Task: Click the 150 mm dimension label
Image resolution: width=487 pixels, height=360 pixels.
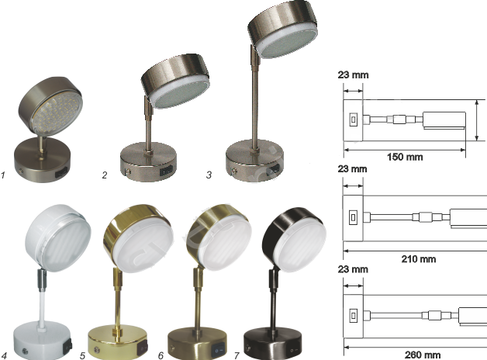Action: [405, 157]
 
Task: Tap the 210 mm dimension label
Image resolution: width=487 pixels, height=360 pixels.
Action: [418, 259]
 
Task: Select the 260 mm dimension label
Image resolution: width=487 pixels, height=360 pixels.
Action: [423, 355]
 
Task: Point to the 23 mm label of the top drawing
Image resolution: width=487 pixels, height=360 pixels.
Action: [353, 75]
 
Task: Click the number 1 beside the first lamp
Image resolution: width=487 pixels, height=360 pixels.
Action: [3, 175]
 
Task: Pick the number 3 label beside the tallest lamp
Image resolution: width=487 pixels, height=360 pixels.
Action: [209, 175]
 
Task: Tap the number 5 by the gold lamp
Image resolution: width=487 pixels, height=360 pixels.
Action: [82, 356]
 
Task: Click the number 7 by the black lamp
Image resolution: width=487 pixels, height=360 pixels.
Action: [236, 356]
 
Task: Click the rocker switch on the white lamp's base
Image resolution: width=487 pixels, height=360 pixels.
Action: [68, 346]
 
